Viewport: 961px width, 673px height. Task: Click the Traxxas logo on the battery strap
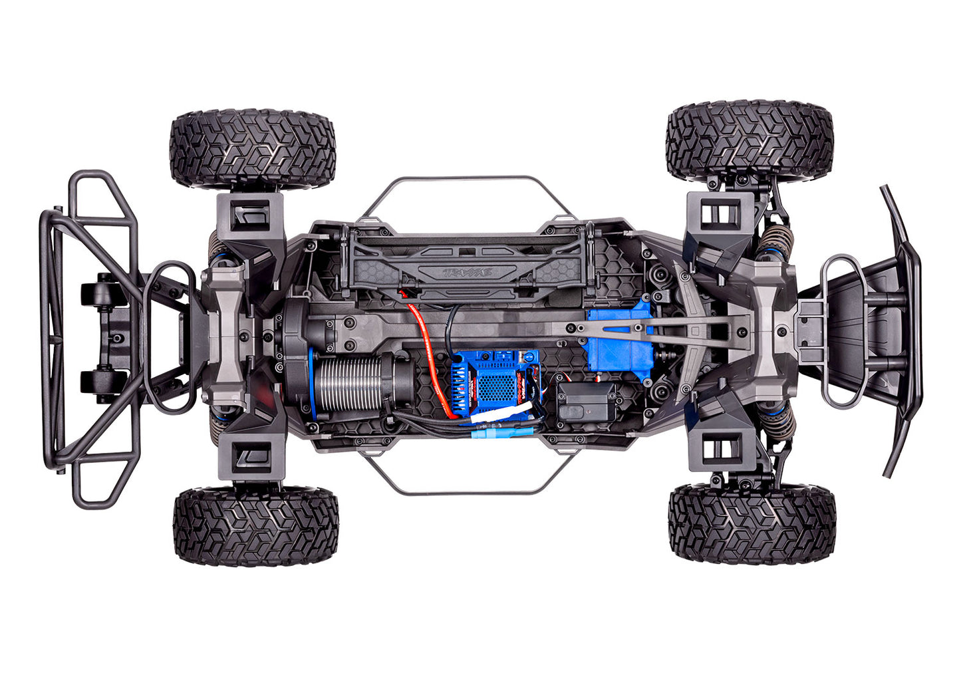coord(469,271)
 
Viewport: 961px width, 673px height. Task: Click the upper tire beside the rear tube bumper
coord(253,147)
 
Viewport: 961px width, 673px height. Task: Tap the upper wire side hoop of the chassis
coord(466,180)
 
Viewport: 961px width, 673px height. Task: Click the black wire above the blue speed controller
coord(452,326)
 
